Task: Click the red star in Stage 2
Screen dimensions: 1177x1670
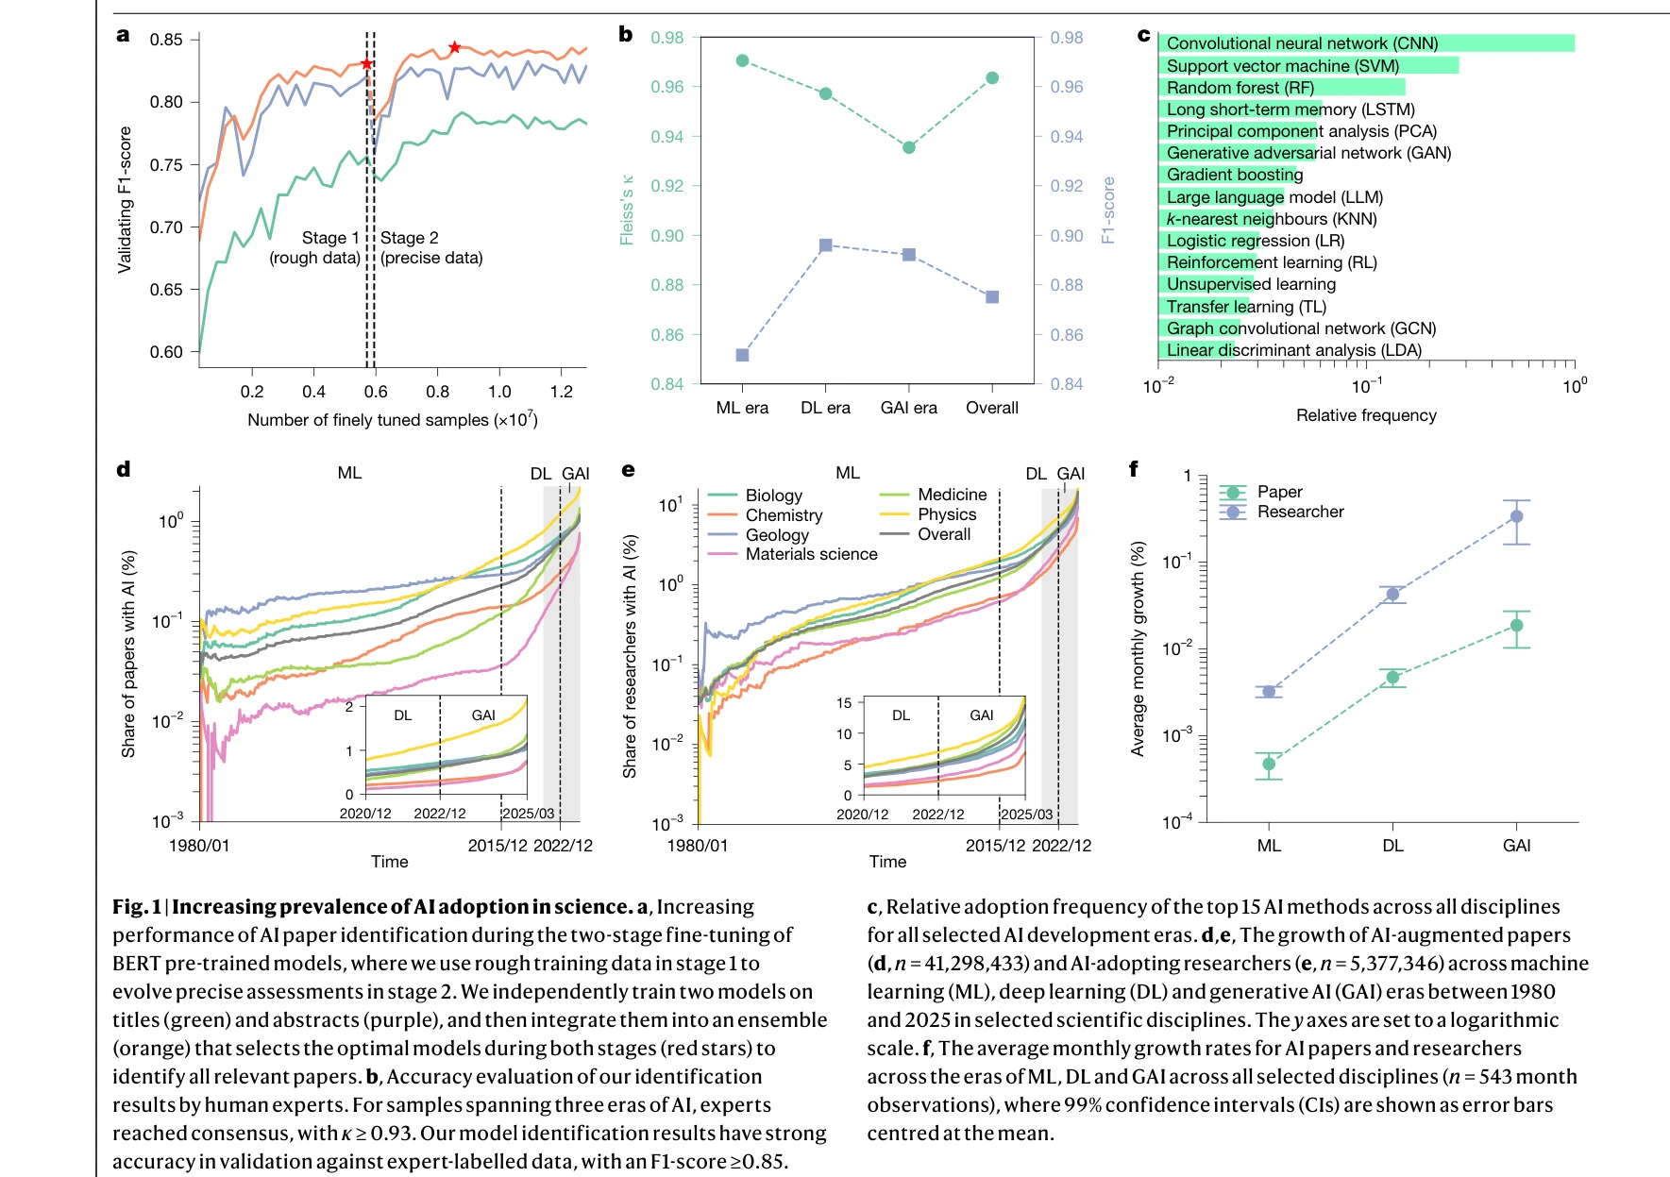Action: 454,47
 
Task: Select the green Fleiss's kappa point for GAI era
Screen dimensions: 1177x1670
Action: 909,147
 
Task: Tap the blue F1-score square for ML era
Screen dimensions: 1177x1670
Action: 742,355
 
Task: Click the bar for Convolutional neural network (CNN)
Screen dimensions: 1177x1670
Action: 1366,43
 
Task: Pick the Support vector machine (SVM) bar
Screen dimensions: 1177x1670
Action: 1308,65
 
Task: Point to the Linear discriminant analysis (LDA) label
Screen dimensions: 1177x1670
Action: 1293,350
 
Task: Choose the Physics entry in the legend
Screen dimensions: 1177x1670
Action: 947,514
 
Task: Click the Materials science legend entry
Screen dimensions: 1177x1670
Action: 811,554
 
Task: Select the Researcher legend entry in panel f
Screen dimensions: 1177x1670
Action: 1300,512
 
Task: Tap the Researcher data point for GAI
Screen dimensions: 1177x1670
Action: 1516,516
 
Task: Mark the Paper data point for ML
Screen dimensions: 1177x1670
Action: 1269,765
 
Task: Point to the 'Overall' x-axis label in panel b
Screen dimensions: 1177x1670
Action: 991,408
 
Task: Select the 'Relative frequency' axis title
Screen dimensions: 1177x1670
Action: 1366,415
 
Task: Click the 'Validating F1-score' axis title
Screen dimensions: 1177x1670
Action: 125,200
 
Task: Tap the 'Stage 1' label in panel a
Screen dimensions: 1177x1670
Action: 330,238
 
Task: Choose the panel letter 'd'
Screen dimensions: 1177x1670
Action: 124,469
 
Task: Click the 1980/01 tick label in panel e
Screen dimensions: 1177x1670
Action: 698,846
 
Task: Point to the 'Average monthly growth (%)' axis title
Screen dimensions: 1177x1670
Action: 1138,648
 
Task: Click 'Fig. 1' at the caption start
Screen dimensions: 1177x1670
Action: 137,907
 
